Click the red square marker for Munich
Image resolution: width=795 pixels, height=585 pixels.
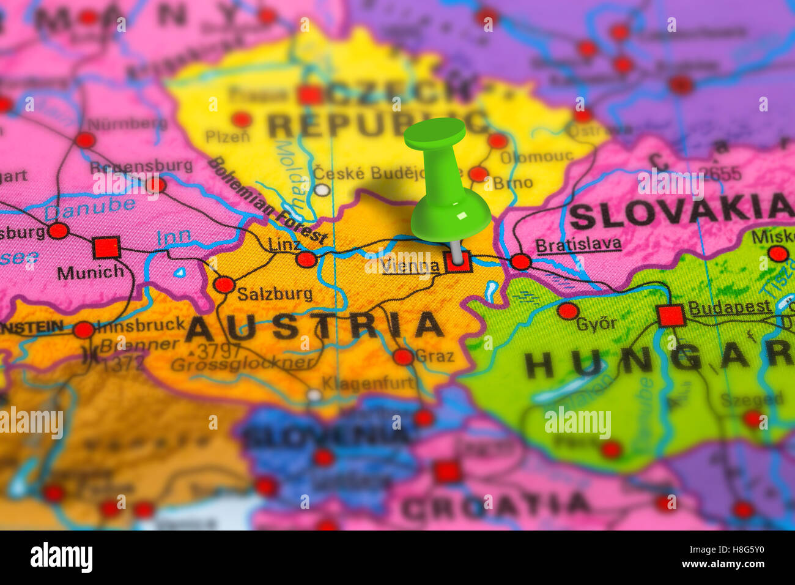point(106,247)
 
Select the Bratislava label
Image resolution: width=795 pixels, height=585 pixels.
point(578,245)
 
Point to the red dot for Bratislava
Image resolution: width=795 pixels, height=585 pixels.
point(520,262)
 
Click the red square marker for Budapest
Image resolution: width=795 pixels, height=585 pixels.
point(671,315)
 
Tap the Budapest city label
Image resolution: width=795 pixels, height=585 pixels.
point(730,307)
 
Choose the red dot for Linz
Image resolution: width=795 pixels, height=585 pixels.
point(306,259)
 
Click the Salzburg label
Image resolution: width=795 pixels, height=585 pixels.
point(275,294)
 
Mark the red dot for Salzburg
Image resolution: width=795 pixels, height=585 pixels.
point(224,285)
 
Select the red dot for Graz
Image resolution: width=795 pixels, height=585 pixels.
point(403,357)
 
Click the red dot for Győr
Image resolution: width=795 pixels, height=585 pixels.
point(568,311)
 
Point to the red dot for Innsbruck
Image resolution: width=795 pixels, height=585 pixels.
point(83,330)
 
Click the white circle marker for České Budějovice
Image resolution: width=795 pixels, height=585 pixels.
point(322,190)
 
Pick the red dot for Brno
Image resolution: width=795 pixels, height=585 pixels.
point(478,174)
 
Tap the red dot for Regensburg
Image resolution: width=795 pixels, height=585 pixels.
point(156,184)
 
